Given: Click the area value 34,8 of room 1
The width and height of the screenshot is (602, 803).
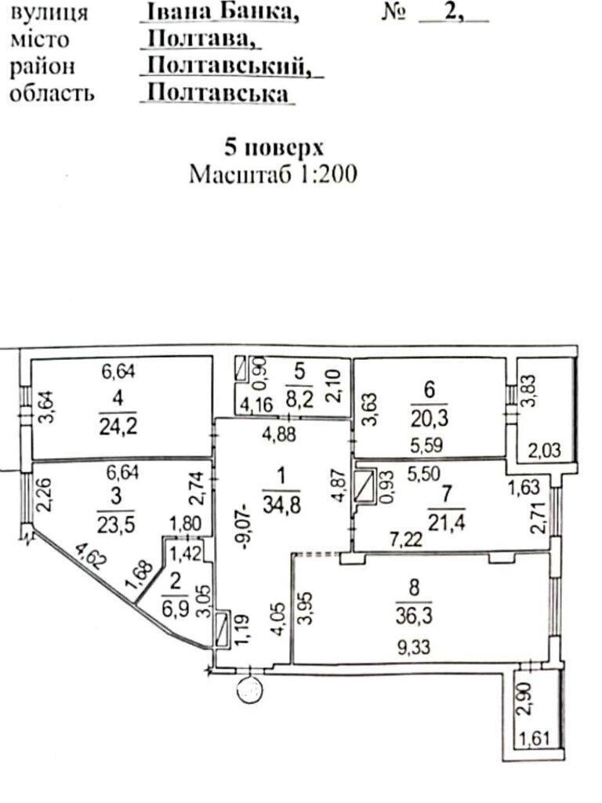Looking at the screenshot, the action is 281,505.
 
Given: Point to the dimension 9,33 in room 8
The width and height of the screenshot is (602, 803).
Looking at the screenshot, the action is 414,648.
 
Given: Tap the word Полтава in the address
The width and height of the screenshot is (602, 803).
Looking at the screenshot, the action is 201,38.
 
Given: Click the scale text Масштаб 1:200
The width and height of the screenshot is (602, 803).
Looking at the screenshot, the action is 273,174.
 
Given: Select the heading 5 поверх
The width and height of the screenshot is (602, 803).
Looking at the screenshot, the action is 274,147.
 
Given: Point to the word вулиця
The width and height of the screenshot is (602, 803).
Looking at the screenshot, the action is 49,13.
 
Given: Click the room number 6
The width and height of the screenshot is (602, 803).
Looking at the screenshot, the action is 429,390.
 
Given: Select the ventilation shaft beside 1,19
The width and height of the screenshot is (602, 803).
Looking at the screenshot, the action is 223,630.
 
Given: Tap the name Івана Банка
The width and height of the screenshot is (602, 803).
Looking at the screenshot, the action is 220,12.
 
